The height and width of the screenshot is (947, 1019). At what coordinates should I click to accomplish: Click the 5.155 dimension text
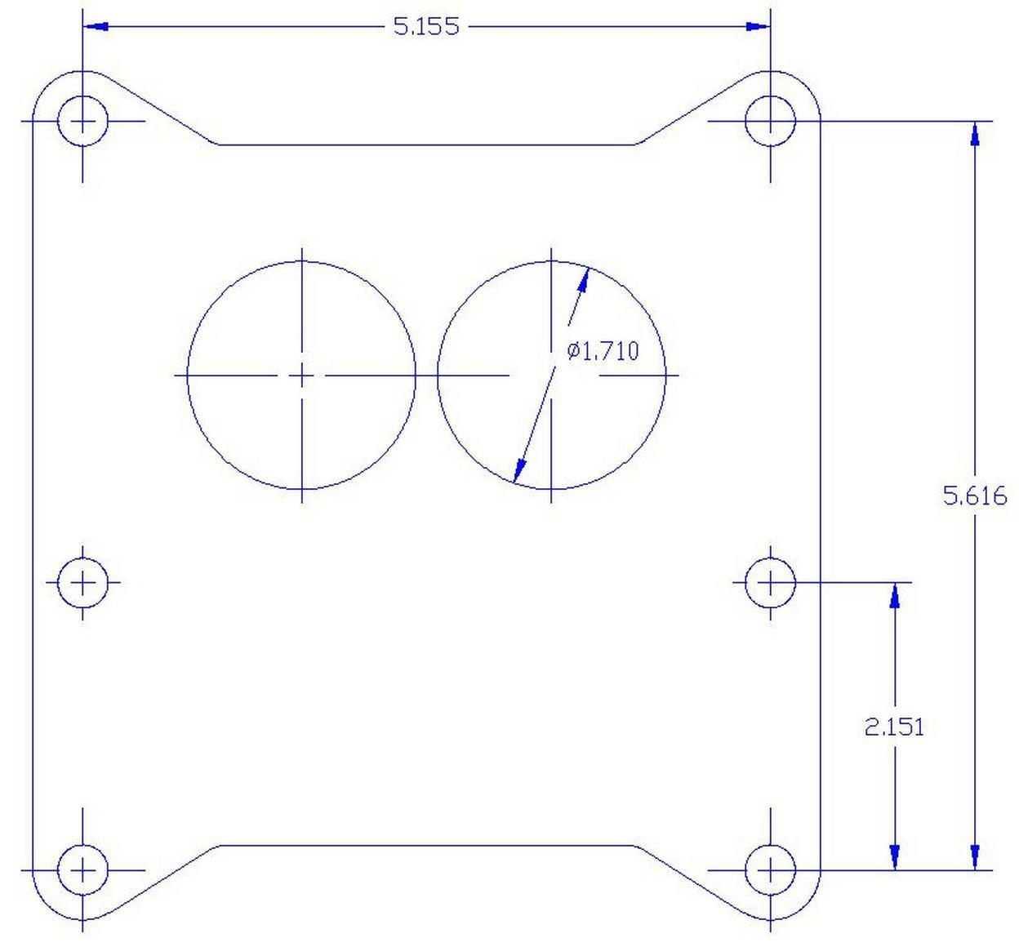426,26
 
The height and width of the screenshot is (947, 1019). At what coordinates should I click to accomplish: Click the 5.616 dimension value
974,496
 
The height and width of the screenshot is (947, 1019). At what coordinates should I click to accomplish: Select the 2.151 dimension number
894,727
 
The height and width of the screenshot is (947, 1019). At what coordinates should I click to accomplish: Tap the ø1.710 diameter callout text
603,351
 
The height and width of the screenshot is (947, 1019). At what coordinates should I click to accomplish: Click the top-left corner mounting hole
82,121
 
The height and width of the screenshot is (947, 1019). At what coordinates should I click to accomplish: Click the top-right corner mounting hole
770,121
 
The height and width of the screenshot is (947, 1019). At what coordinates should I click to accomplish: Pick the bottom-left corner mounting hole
82,870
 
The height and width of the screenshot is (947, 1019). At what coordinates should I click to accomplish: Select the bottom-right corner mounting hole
770,870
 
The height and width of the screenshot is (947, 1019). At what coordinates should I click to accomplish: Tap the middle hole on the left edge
82,583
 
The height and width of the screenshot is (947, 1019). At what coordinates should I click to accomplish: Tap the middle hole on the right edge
770,583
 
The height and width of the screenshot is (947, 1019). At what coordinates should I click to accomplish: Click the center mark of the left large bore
302,376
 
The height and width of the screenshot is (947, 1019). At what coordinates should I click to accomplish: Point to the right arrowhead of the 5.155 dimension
758,26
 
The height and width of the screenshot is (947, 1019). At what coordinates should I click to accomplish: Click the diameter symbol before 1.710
573,351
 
